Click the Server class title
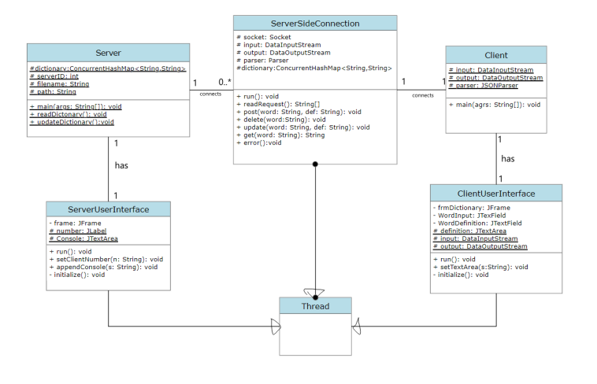(108, 53)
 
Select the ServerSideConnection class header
(315, 24)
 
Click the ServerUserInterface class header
(108, 209)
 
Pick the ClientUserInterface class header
(496, 194)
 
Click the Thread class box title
(315, 306)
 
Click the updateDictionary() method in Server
(72, 122)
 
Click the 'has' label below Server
(121, 166)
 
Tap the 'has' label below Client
(508, 158)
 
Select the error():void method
(259, 142)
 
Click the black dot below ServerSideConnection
(315, 164)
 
